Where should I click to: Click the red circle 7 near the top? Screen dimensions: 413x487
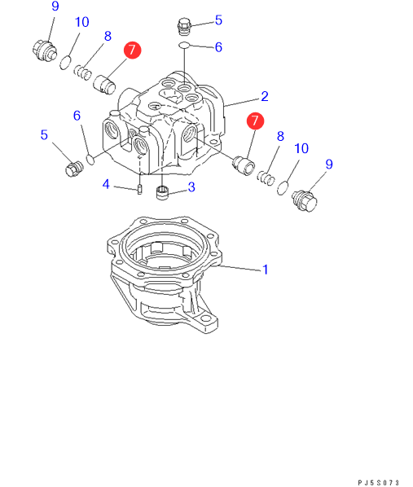[133, 50]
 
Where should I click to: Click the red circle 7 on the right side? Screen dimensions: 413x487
[255, 121]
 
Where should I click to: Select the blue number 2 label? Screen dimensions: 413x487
[265, 96]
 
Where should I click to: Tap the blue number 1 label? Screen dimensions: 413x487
[266, 270]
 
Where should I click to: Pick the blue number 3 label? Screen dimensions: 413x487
[191, 187]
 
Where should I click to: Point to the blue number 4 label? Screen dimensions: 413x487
[106, 184]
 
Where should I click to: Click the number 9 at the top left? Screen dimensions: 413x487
[55, 7]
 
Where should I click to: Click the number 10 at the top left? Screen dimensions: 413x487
[82, 22]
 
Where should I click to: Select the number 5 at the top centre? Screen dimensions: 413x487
[218, 20]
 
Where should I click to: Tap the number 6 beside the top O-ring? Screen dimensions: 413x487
[218, 47]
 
